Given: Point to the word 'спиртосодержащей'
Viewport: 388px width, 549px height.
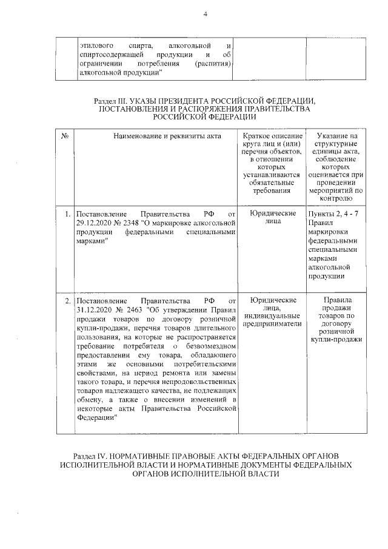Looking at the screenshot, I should (111, 55).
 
